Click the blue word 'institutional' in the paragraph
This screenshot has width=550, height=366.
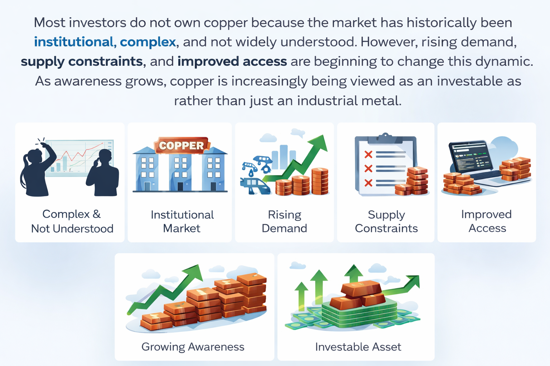pos(74,42)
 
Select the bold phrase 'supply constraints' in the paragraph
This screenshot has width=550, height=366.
pos(82,61)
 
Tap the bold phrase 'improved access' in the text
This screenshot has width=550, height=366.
pos(232,61)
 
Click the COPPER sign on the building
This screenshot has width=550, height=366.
pos(181,145)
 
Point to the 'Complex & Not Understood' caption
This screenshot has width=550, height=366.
pos(72,221)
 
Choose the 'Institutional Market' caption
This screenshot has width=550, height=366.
pos(182,221)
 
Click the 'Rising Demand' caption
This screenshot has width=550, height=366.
pos(284,221)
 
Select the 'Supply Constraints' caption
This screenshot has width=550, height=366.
pos(386,221)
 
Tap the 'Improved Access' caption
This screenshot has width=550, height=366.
pos(487,221)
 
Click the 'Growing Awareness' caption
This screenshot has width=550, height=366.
pos(193,347)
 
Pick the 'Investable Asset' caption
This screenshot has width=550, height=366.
pos(358,347)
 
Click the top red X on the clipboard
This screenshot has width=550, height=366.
pos(368,154)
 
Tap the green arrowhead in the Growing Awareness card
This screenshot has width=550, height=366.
pos(194,273)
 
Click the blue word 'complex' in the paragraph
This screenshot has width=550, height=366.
pos(148,42)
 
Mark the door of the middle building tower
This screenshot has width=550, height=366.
pos(180,186)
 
